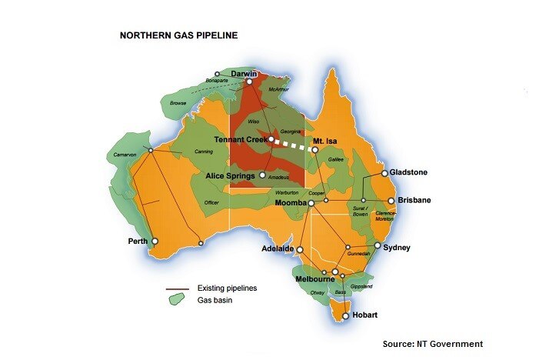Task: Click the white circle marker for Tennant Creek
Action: coord(271,139)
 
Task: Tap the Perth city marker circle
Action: coord(155,241)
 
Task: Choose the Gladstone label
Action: coord(408,172)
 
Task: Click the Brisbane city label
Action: coord(409,200)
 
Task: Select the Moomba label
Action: coord(291,203)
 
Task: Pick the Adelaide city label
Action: coord(278,250)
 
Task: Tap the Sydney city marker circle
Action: coord(378,247)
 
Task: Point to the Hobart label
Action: coord(364,315)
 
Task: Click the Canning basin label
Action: coord(203,151)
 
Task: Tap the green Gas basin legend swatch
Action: coord(178,299)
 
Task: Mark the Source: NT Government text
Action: coord(432,343)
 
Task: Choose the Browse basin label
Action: coord(179,102)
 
